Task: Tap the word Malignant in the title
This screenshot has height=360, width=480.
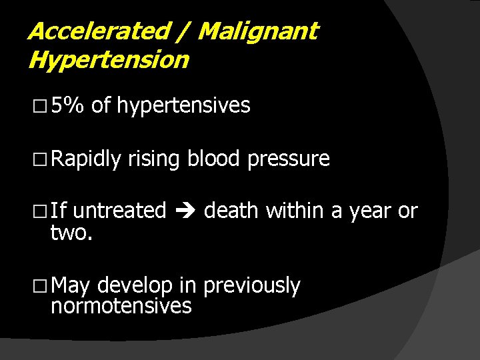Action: click(x=258, y=31)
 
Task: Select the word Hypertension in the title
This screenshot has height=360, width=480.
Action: click(x=109, y=60)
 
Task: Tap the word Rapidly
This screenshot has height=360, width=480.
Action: click(x=86, y=159)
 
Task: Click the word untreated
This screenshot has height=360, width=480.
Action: click(x=119, y=211)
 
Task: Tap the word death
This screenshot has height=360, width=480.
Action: click(x=232, y=211)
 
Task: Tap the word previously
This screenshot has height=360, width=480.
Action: click(x=251, y=286)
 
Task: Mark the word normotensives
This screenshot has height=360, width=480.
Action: click(x=121, y=306)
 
